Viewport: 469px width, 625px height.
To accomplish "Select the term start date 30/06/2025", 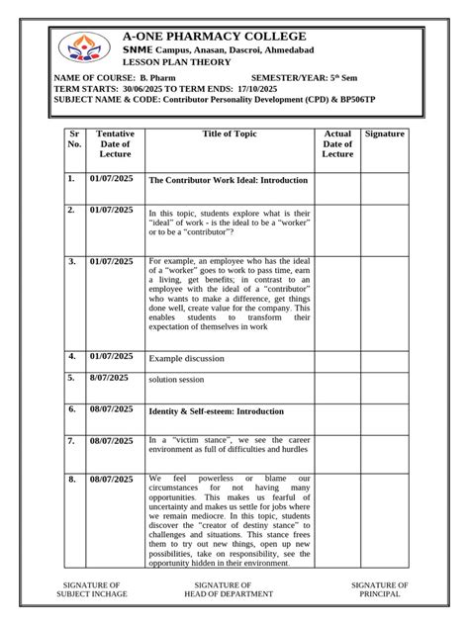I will tap(140, 89).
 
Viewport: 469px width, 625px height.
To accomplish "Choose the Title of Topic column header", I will tap(230, 133).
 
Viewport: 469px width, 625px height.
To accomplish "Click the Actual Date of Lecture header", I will tap(337, 143).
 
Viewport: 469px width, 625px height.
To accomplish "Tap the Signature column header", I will tap(384, 133).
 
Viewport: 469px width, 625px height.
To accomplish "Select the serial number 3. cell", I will tap(71, 261).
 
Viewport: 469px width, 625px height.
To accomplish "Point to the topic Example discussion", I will tap(186, 358).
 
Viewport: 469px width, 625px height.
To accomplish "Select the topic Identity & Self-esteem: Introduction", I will tap(216, 410).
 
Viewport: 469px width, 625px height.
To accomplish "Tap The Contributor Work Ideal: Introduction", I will tap(228, 181).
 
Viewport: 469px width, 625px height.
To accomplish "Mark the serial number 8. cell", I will tap(71, 479).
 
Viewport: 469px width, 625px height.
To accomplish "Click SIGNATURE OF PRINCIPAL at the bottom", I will tap(380, 589).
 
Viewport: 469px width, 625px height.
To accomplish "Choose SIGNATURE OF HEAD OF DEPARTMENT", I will tap(223, 589).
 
